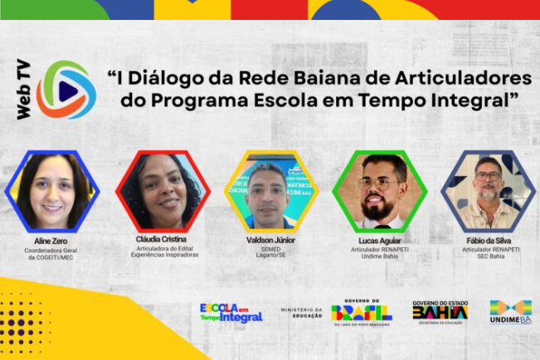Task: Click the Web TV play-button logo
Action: click(66, 89)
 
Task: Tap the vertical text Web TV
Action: click(24, 89)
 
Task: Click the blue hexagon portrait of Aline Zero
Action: click(52, 191)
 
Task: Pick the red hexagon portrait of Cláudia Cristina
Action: click(163, 191)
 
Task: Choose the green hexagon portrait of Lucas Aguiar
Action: click(380, 191)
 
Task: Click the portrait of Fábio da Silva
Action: click(488, 191)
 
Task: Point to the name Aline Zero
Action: click(52, 240)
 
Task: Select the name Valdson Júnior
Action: click(271, 240)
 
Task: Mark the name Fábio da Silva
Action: click(489, 240)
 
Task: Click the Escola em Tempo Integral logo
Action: click(231, 312)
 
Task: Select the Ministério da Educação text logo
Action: click(300, 312)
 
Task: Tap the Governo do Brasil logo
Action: click(362, 312)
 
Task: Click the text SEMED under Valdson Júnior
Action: click(271, 248)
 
